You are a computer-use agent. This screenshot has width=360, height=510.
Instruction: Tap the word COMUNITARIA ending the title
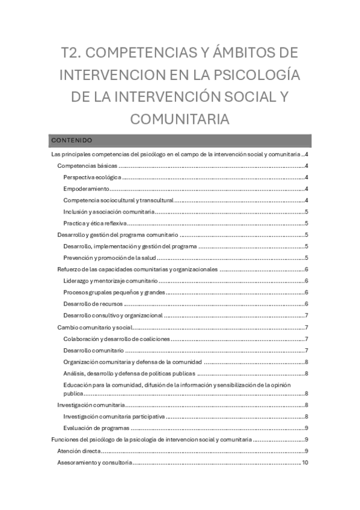(180, 118)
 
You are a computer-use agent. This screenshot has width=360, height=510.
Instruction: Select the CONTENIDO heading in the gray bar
(72, 140)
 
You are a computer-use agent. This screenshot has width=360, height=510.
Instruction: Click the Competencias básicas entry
(87, 166)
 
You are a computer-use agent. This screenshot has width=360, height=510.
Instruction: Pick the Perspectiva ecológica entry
(93, 177)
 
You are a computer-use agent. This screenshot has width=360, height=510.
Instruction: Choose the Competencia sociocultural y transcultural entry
(118, 200)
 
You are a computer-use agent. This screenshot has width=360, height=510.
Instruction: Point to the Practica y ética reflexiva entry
(95, 223)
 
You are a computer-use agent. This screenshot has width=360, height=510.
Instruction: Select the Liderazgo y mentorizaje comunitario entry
(110, 281)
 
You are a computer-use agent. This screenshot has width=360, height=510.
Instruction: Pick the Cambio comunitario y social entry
(94, 327)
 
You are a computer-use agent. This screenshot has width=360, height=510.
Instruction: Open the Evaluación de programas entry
(96, 428)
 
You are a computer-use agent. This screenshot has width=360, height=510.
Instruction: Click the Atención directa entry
(79, 451)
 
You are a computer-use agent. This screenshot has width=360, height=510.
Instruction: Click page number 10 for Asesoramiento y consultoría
(305, 462)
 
